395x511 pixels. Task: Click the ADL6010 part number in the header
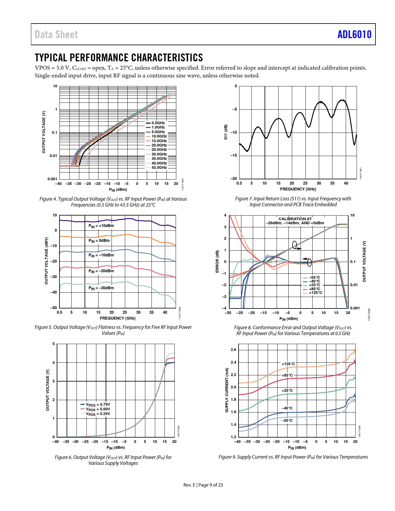coord(354,34)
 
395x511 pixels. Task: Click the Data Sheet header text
coord(56,34)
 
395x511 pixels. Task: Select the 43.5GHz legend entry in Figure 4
coord(159,168)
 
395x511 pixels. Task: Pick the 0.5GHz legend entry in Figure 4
coord(158,123)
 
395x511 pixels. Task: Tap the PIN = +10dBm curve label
coord(101,226)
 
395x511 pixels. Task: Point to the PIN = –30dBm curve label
coord(101,288)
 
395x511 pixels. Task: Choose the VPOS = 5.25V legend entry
coord(98,414)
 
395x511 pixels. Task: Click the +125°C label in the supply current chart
coord(288,364)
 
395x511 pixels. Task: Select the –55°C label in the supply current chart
coord(287,421)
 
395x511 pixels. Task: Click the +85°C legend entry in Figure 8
coord(314,289)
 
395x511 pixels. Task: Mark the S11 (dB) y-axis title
coord(226,132)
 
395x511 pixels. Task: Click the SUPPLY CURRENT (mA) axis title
coord(227,390)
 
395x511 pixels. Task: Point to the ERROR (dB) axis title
coord(217,262)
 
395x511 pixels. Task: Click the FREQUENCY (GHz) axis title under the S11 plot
coord(298,189)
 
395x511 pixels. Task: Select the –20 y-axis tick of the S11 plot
coord(234,179)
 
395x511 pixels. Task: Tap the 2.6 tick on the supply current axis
coord(233,350)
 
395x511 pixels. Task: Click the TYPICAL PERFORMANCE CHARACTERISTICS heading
coord(119,58)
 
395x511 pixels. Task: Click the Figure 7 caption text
coord(293,202)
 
